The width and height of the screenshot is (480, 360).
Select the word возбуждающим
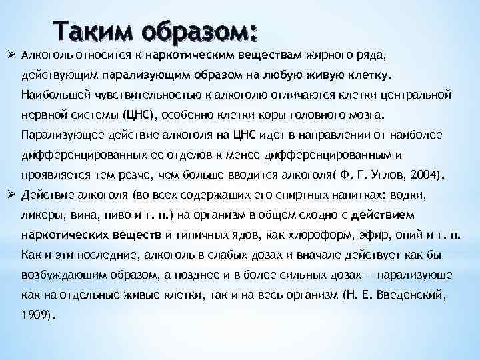(x=61, y=275)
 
